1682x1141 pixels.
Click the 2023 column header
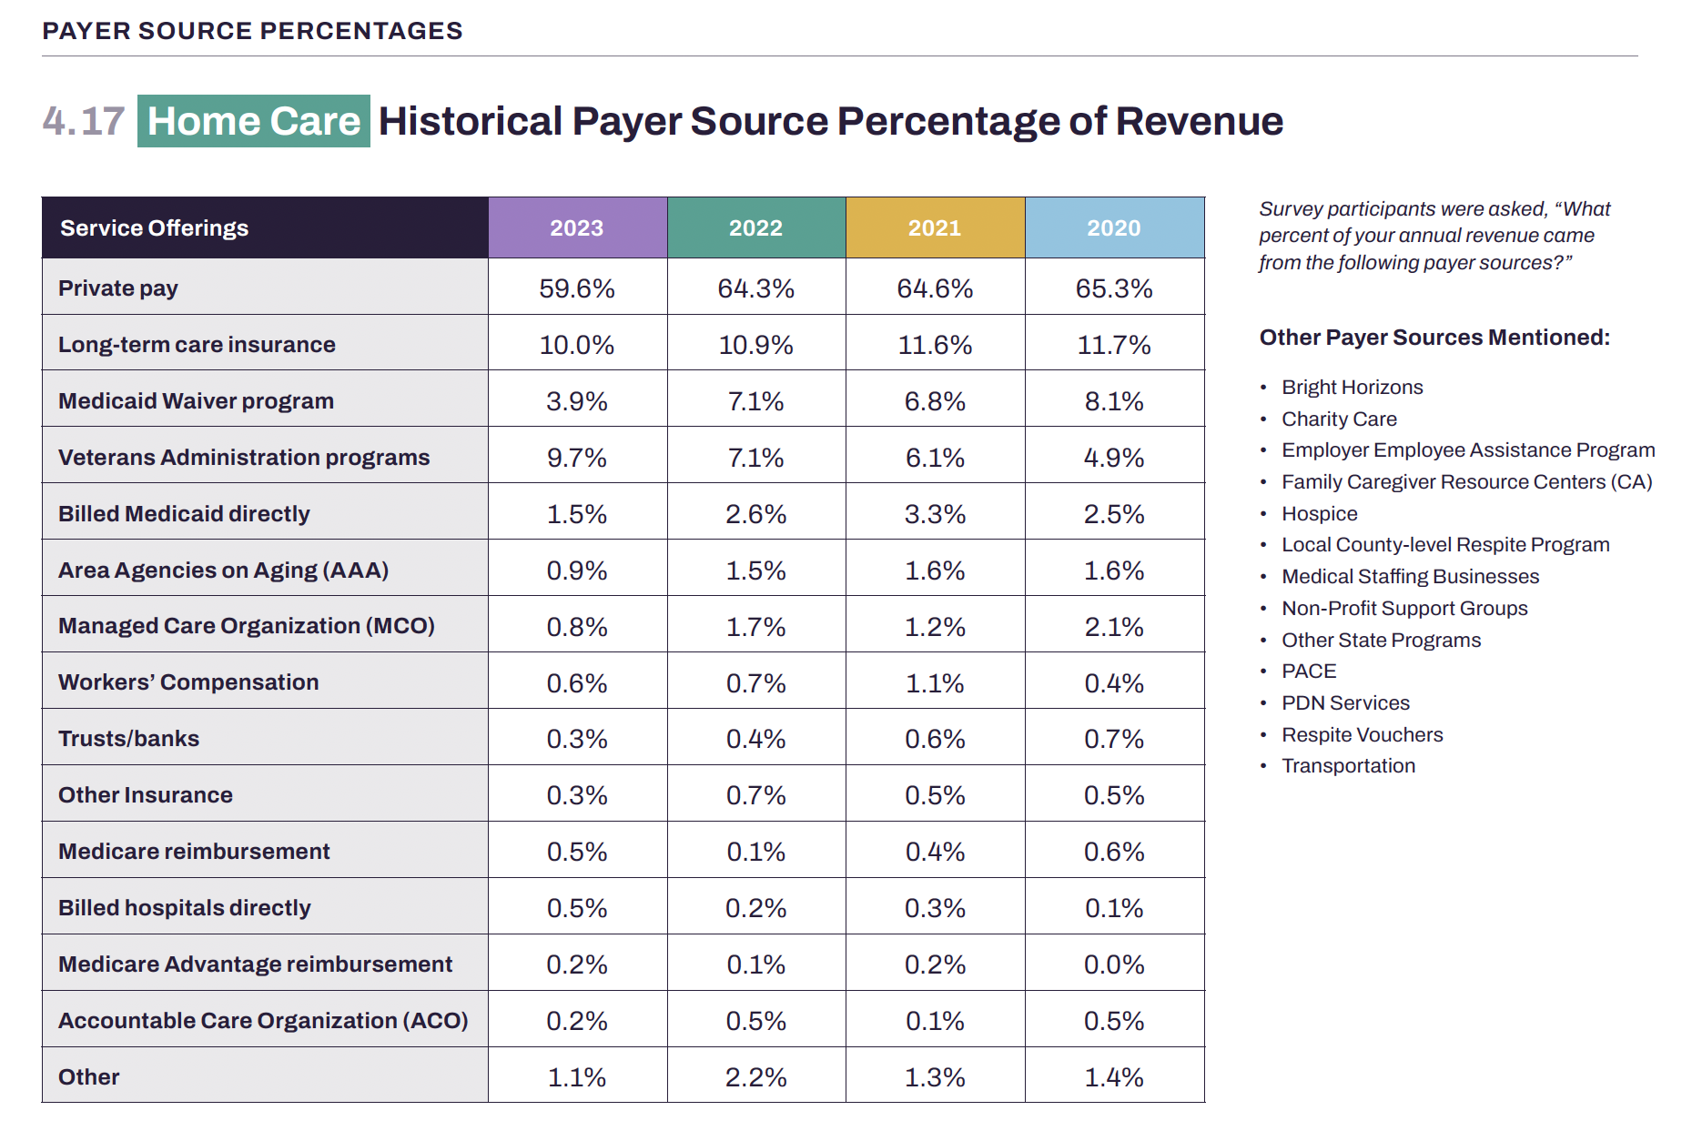(x=577, y=227)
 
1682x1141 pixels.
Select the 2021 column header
(x=935, y=227)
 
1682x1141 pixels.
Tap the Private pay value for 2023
(x=577, y=288)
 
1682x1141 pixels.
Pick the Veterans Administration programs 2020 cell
(x=1114, y=458)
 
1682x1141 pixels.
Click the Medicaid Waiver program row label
(x=196, y=401)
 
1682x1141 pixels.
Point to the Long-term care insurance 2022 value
(x=755, y=345)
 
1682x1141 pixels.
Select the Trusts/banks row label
(x=128, y=739)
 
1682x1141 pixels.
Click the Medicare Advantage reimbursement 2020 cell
(x=1114, y=964)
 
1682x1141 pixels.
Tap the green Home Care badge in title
(x=254, y=121)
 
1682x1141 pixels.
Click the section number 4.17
(x=83, y=121)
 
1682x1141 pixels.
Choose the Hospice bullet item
(x=1319, y=514)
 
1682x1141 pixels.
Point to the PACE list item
(x=1309, y=671)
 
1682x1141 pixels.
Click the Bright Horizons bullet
(x=1352, y=388)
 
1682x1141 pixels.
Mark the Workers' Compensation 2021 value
(x=935, y=683)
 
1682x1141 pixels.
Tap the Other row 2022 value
(x=755, y=1077)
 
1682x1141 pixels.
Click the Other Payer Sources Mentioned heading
(x=1434, y=338)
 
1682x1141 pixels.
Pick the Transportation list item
(x=1348, y=766)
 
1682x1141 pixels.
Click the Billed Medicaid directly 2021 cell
(x=935, y=514)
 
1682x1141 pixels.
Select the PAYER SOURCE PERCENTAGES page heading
(x=252, y=31)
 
